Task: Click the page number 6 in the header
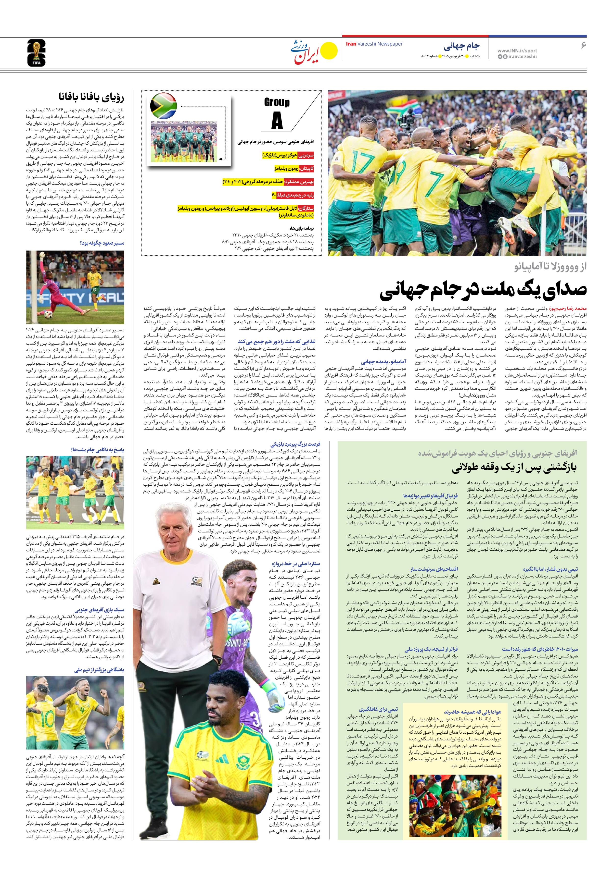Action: (583, 45)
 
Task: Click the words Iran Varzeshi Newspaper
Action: (374, 44)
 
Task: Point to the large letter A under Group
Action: (277, 121)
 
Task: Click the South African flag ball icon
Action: (163, 106)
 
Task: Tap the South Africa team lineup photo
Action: (184, 141)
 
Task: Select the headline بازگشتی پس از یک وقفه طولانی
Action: (514, 468)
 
